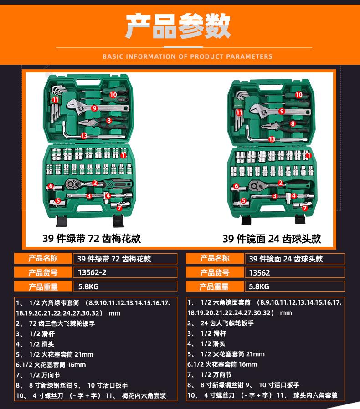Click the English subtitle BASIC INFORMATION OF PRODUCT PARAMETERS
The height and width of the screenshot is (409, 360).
coord(187,57)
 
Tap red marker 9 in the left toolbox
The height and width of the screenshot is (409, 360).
coord(94,108)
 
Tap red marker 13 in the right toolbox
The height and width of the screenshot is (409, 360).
coord(272,139)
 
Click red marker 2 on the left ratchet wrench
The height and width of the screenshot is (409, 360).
coord(95,183)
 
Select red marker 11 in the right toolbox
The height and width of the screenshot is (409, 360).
coord(239,112)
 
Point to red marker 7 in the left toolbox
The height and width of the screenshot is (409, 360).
coord(119,208)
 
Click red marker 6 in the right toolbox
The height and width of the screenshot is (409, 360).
coord(236,186)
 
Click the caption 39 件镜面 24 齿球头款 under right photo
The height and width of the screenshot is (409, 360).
coord(272,239)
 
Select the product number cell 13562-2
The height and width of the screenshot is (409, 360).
coord(125,273)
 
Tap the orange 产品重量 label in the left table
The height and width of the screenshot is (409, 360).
coord(43,286)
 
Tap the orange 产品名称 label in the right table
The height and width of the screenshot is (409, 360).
coord(215,259)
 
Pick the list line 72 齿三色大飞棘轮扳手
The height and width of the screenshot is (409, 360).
coord(62,323)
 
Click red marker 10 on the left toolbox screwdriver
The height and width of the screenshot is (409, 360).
coord(113,95)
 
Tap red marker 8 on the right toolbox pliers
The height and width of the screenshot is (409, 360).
coord(293,123)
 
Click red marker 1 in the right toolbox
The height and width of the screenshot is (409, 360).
coord(309,155)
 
